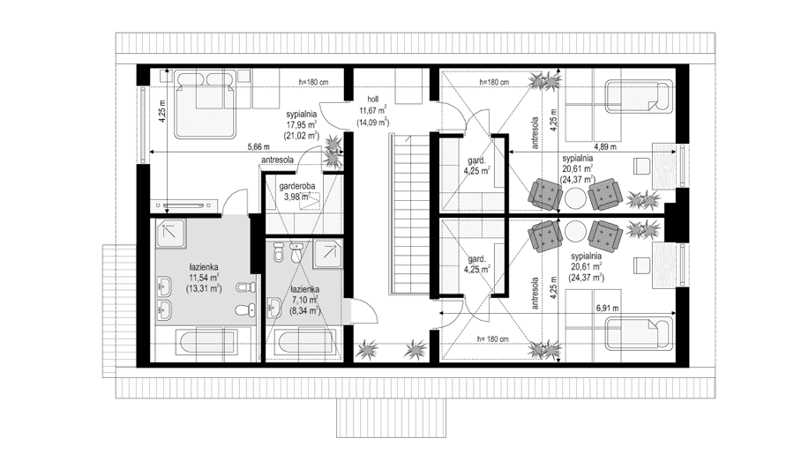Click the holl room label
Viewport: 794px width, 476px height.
coord(372,99)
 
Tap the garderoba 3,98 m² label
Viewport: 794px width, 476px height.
coord(296,191)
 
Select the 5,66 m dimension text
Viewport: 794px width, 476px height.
coord(258,147)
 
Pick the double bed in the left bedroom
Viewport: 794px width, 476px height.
coord(206,104)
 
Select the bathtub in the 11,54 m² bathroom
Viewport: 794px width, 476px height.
coord(206,343)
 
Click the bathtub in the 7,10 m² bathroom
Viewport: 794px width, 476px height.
coord(304,344)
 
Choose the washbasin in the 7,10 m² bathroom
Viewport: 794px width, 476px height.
coord(274,308)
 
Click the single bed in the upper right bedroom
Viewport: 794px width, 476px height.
coord(640,95)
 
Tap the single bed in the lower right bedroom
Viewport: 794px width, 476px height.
coord(640,333)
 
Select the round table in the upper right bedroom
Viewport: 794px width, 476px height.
coord(574,197)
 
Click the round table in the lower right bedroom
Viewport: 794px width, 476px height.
coord(574,232)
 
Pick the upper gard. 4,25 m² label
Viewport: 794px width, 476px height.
coord(476,166)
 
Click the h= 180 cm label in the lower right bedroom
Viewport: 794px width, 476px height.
coord(492,338)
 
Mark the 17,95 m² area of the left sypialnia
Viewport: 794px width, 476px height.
coord(302,124)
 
